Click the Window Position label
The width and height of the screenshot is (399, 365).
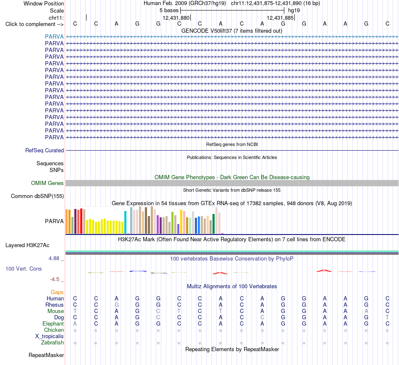click(x=44, y=3)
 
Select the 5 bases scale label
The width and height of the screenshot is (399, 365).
click(x=169, y=10)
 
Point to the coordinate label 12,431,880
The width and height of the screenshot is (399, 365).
click(x=176, y=18)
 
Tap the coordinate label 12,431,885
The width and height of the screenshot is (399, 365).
click(x=280, y=18)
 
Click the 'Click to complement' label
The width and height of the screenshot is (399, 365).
click(x=34, y=24)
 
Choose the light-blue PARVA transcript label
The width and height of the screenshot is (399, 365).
click(x=54, y=36)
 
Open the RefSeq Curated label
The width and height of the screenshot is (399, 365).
click(x=45, y=150)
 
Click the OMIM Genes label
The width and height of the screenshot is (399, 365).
click(x=47, y=183)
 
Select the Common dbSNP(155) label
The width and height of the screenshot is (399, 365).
click(x=37, y=196)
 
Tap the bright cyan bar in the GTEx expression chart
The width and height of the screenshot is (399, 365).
click(x=125, y=222)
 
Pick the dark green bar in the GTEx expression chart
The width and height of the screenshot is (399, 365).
click(x=213, y=224)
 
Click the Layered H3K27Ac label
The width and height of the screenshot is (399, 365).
click(x=27, y=245)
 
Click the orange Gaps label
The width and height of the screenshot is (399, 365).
click(x=57, y=292)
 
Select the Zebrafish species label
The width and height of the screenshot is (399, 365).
click(x=52, y=343)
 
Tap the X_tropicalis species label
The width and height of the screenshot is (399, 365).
click(x=50, y=336)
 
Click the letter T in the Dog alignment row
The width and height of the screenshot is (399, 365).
click(x=387, y=317)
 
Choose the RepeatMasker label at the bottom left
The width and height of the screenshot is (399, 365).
click(x=46, y=355)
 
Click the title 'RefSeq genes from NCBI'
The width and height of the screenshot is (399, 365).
click(x=232, y=144)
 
